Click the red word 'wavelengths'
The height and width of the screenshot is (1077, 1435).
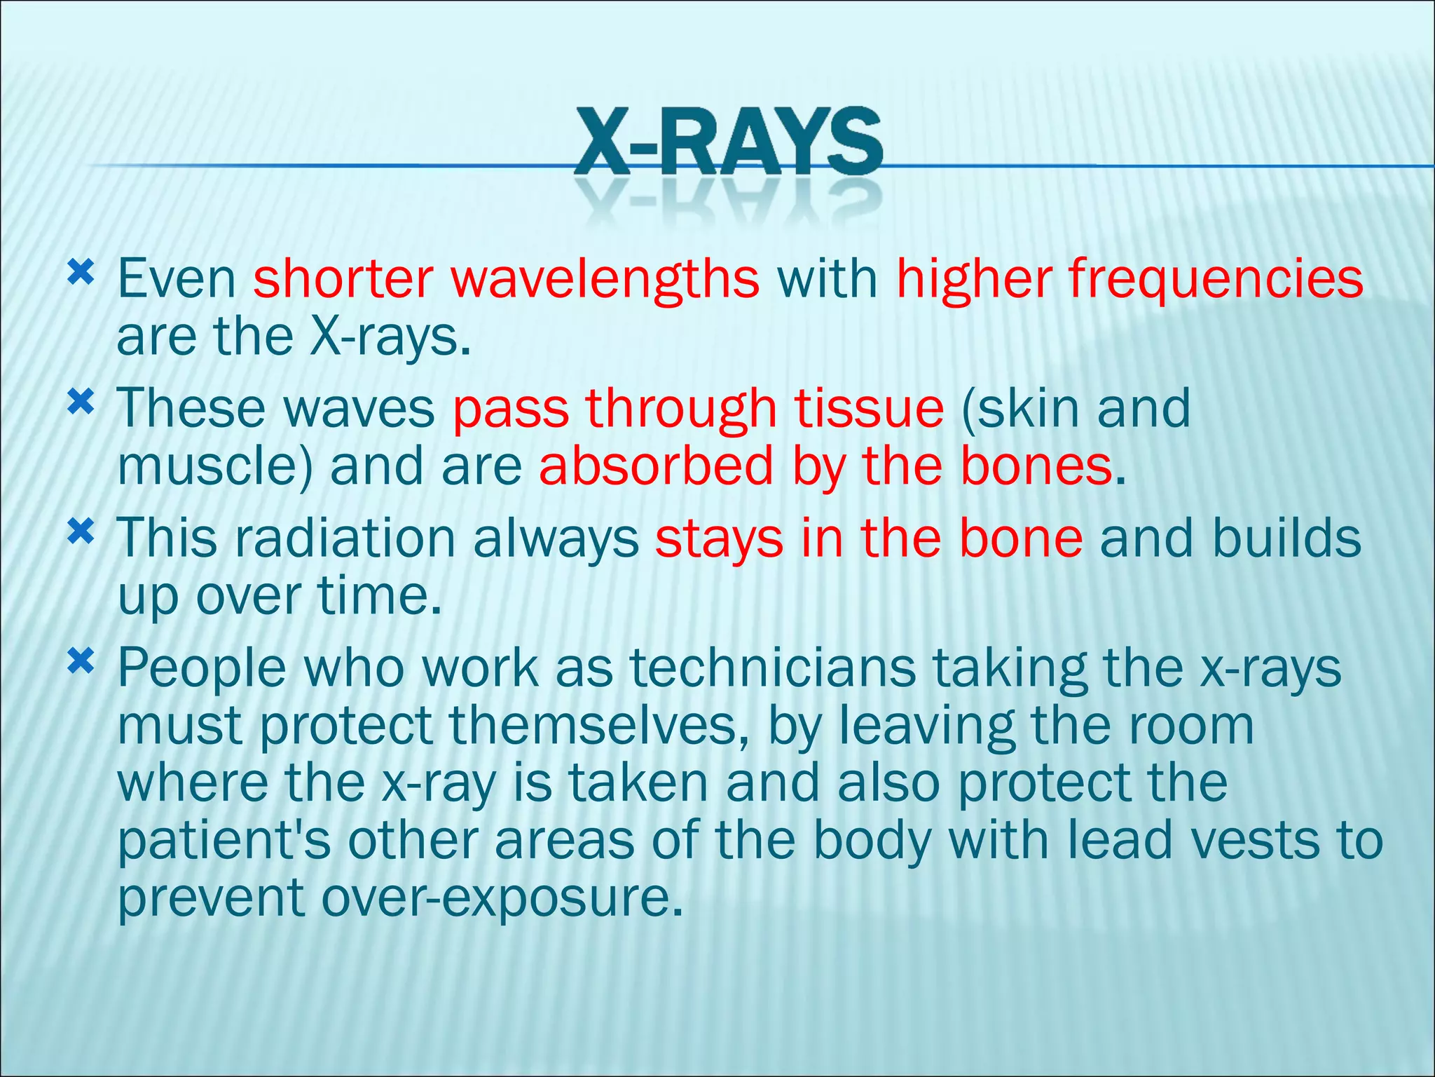click(605, 280)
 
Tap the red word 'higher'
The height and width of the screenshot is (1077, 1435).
click(973, 280)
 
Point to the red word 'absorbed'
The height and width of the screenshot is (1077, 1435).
click(656, 467)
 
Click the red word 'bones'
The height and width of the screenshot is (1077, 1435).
click(1036, 467)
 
